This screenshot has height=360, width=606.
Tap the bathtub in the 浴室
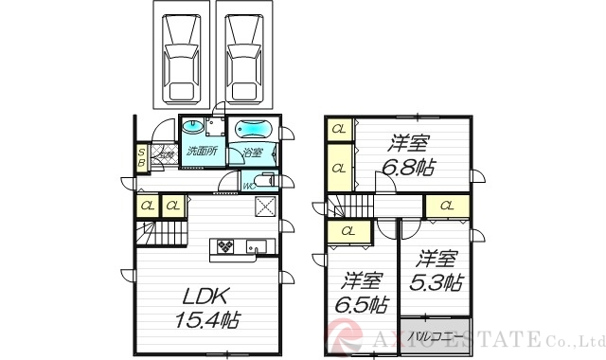(x=253, y=131)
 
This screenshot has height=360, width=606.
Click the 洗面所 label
(x=202, y=152)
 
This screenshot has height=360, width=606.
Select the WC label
(x=248, y=187)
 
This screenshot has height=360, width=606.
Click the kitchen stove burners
(x=227, y=246)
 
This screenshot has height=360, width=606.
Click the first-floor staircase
(x=154, y=232)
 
